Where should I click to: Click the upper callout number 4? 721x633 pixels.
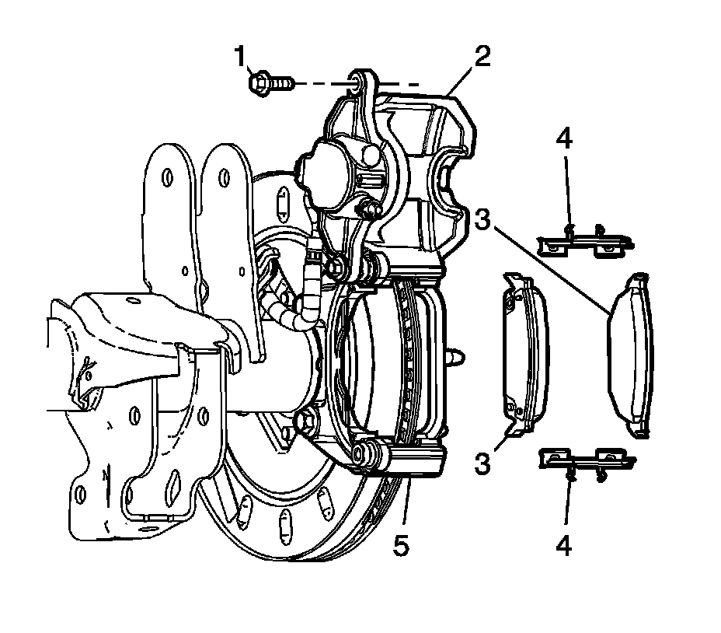click(565, 140)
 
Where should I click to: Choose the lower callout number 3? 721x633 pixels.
click(482, 464)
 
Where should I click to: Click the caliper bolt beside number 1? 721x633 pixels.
click(269, 81)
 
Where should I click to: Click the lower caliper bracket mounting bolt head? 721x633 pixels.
click(305, 421)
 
